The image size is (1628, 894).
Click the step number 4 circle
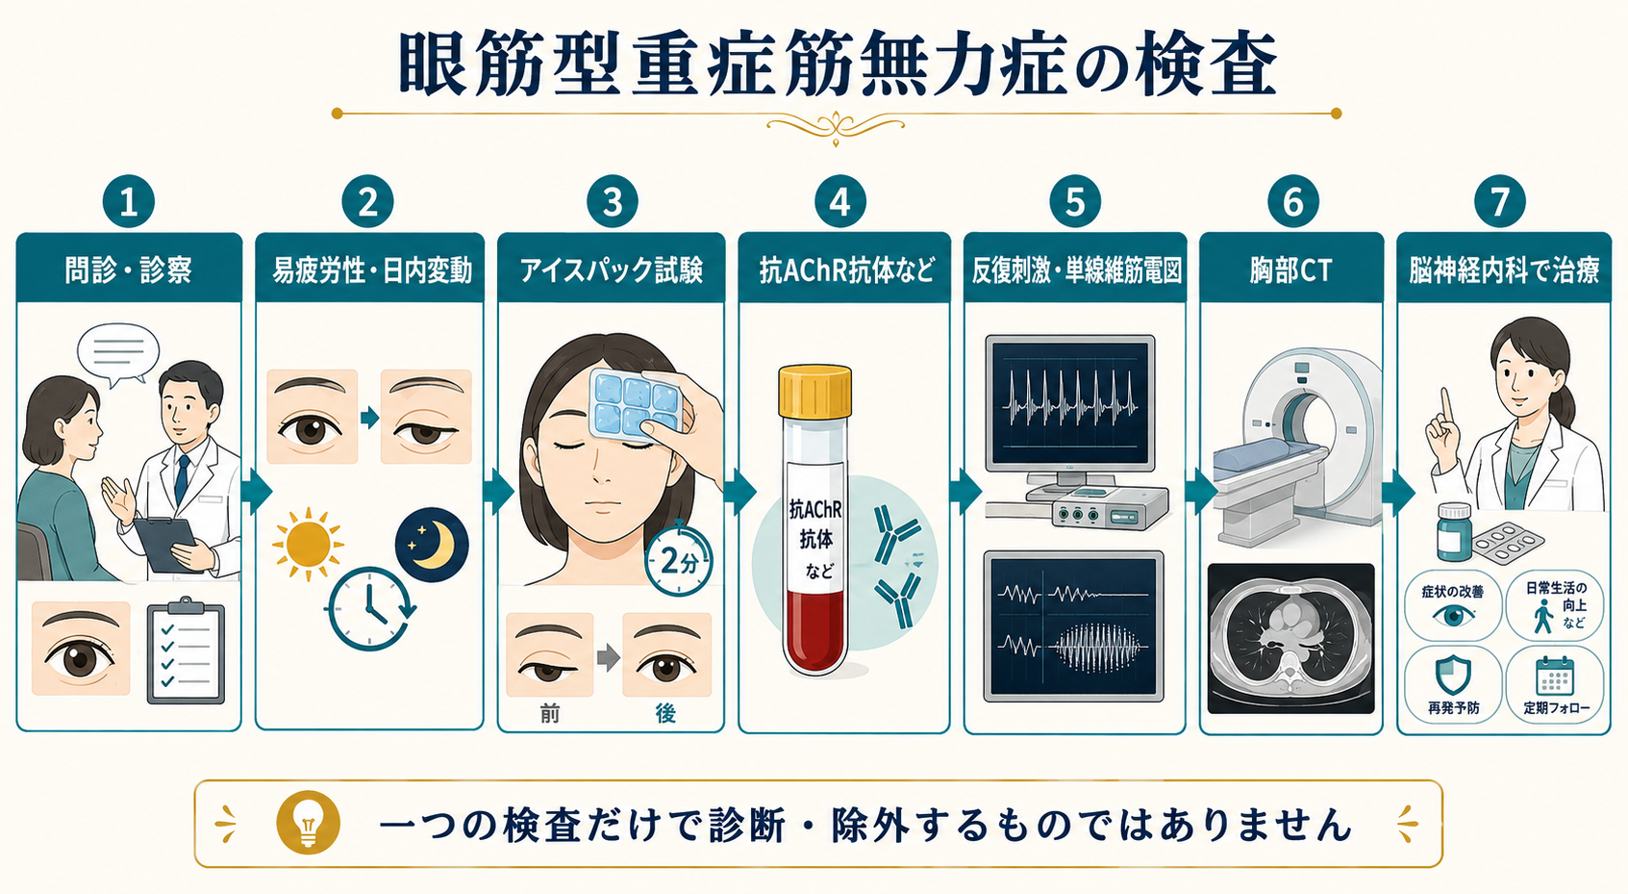tap(840, 201)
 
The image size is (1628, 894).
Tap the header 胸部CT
tap(1290, 270)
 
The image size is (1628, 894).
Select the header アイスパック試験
tap(612, 270)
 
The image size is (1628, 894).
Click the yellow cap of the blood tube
tap(814, 392)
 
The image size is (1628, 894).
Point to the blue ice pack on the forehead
tap(635, 404)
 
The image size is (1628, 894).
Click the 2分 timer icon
tap(679, 560)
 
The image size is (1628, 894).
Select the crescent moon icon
tap(432, 544)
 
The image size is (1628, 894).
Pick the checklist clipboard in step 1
tap(186, 651)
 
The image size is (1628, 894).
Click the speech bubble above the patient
tap(117, 354)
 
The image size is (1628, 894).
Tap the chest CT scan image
tap(1290, 638)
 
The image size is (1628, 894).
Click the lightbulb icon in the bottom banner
tap(308, 823)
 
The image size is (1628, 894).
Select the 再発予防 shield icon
tap(1453, 675)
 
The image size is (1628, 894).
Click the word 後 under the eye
tap(665, 714)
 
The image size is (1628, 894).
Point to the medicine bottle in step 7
tap(1454, 532)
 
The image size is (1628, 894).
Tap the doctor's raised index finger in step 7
tap(1446, 404)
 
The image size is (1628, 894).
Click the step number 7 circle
tap(1499, 201)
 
